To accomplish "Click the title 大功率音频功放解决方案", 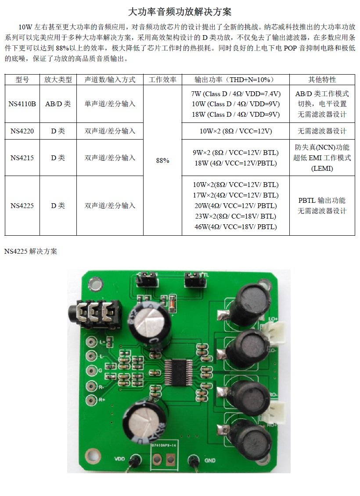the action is pos(180,12).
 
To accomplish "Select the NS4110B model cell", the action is pos(22,104).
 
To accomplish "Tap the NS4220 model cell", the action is pos(22,131).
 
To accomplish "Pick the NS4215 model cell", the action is pos(22,158).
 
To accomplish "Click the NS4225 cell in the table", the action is pos(22,205).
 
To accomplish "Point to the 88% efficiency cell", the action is pos(162,161).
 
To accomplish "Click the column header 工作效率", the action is pos(162,80).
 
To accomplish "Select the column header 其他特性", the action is pos(322,80).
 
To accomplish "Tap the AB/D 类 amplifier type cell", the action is pos(58,104).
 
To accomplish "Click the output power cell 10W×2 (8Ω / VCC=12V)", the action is pos(236,131).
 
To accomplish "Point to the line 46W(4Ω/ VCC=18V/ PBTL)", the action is pos(236,227).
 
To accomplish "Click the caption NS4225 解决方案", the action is pos(31,252).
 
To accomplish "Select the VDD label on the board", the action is pos(119,459).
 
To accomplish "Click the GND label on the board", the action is pos(210,460).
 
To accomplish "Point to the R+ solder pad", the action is pos(91,400).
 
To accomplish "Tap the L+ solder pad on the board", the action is pos(91,341).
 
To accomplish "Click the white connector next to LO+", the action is pos(276,331).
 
